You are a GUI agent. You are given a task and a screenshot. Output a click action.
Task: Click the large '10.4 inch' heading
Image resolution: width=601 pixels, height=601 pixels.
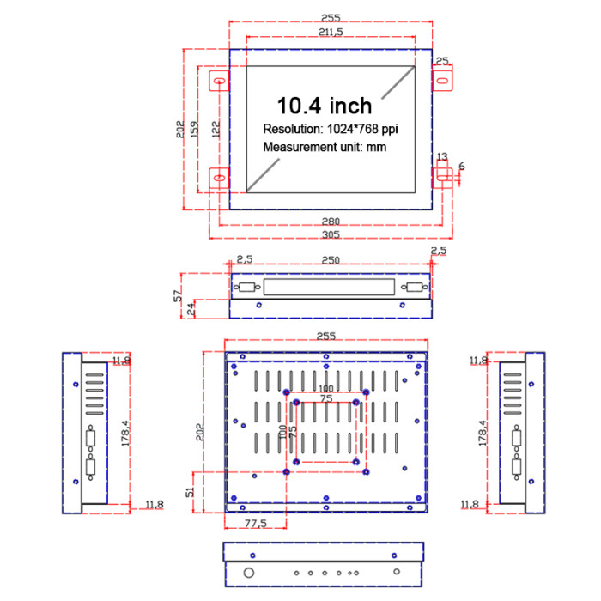pos(324,106)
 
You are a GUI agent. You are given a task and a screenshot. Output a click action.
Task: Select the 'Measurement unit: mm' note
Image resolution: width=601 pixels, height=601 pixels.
pos(325,147)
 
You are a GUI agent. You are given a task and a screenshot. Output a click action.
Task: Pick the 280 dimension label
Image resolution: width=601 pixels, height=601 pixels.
pos(331,222)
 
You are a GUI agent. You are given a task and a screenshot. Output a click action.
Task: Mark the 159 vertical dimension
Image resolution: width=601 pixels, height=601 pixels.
pos(195,128)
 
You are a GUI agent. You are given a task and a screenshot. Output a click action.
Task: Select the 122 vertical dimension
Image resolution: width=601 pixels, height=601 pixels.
pos(216,128)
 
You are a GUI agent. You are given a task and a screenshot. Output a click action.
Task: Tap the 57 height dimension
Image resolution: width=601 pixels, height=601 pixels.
pos(179,295)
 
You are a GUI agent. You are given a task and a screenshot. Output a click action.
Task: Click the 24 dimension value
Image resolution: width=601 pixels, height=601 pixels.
pos(191,308)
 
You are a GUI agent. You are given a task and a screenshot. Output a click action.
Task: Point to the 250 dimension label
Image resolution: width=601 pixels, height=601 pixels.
pos(330,259)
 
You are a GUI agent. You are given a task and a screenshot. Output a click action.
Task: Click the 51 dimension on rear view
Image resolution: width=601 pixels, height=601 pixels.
pos(191,491)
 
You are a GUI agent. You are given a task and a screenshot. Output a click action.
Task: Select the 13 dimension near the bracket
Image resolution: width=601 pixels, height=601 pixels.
pos(442,156)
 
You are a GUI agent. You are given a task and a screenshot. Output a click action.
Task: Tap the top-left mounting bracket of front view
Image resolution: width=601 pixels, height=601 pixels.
pos(220,82)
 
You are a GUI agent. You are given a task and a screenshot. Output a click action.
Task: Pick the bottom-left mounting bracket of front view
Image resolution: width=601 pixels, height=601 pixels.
pos(220,179)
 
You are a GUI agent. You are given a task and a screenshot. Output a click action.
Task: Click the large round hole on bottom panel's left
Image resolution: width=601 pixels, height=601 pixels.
pos(249,572)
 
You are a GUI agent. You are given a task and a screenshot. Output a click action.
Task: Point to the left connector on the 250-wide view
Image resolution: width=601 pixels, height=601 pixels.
pos(247,288)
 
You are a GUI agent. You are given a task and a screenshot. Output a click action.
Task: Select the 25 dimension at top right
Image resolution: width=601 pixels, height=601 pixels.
pos(442,60)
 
